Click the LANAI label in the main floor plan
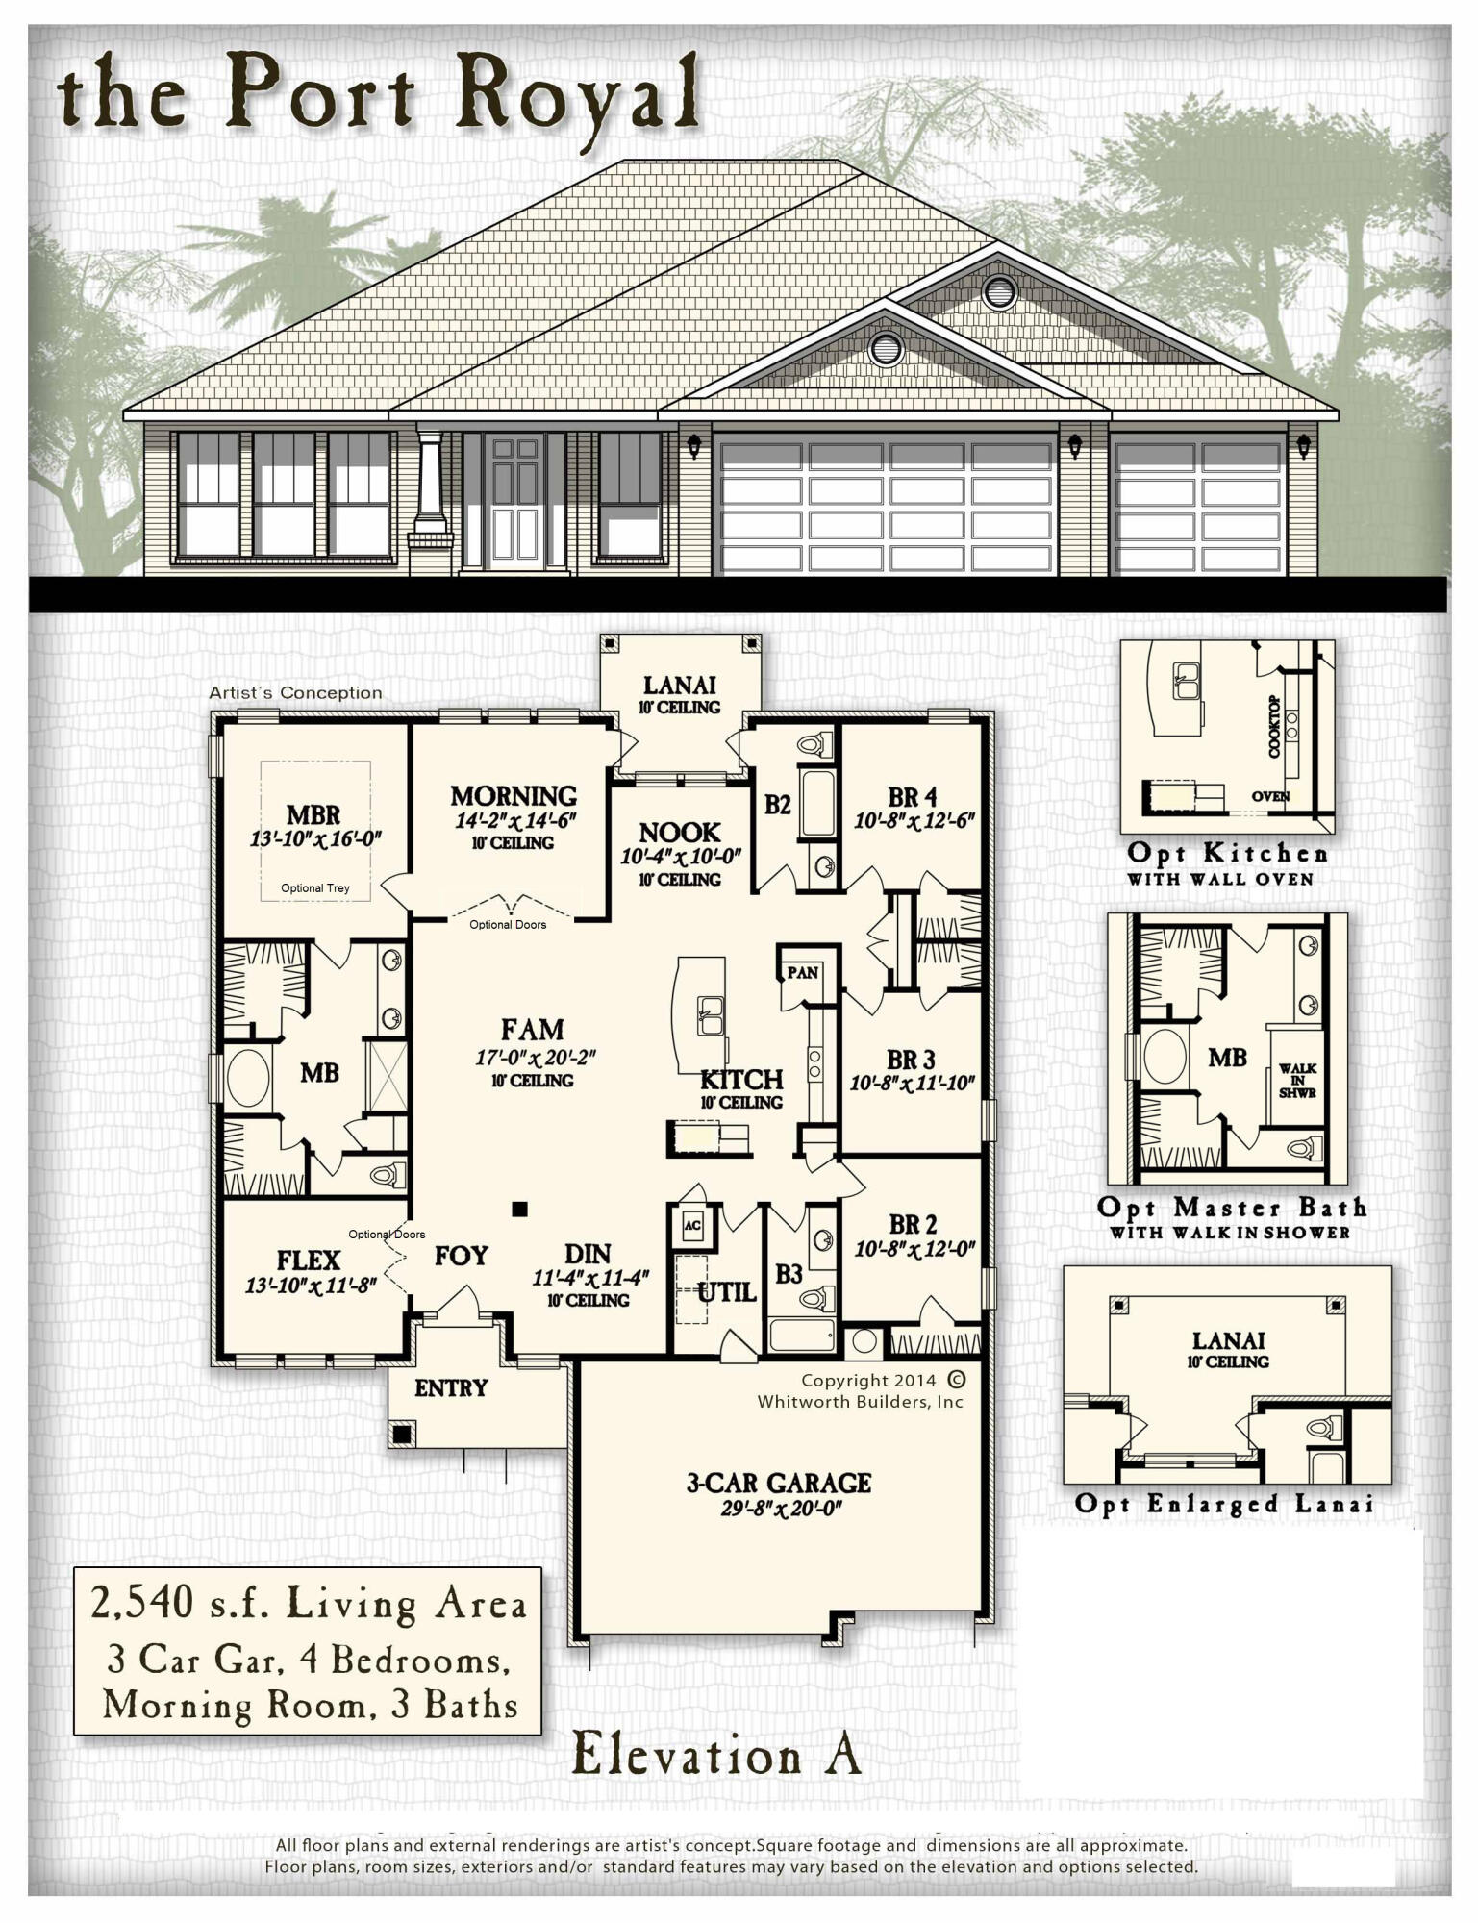[x=679, y=685]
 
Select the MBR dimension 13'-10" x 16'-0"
[x=315, y=838]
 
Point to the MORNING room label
[x=514, y=796]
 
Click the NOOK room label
[x=679, y=832]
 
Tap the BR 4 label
[x=912, y=797]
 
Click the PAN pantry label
[x=802, y=972]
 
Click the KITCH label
[x=741, y=1079]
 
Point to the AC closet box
[x=691, y=1225]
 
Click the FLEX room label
[x=309, y=1260]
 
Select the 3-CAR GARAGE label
[x=779, y=1483]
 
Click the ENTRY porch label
[x=451, y=1387]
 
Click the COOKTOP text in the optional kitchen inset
[x=1274, y=728]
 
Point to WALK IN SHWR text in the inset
[x=1298, y=1081]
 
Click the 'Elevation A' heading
[x=716, y=1754]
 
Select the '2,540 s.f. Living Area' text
[x=308, y=1604]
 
